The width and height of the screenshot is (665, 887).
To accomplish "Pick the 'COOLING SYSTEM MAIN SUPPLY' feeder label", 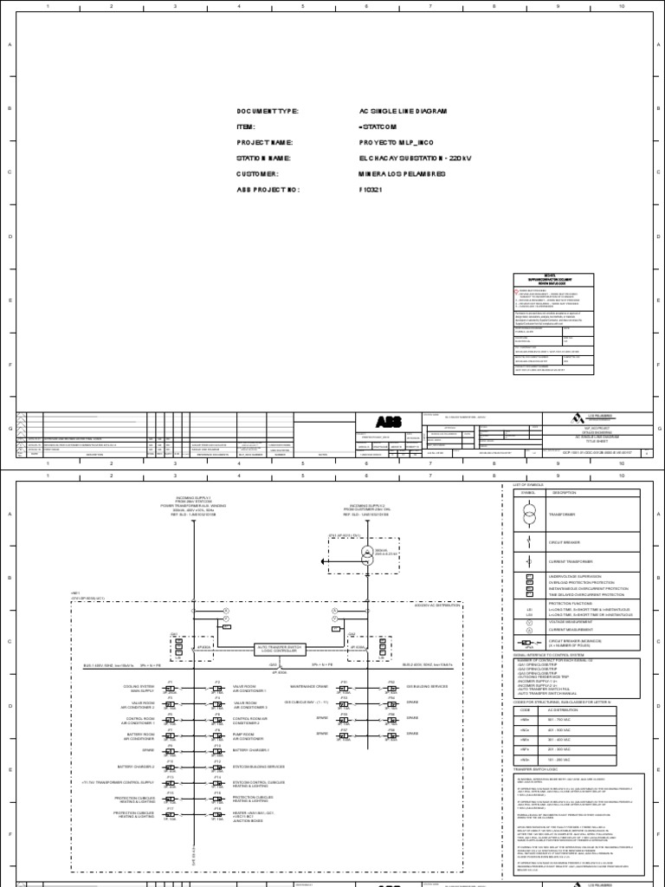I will [x=139, y=689].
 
